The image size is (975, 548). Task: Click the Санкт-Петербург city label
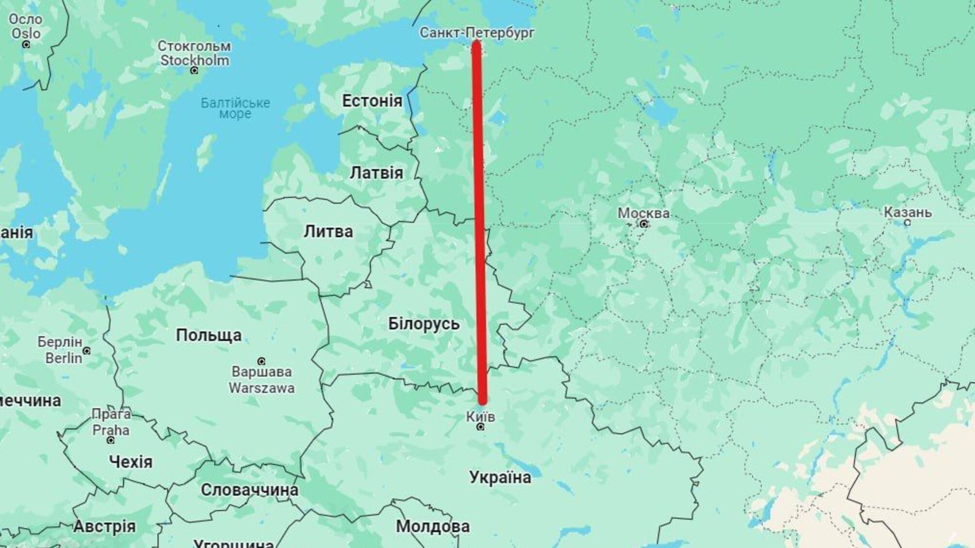(477, 32)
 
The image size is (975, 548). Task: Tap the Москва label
(643, 213)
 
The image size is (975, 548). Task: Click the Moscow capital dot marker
(644, 224)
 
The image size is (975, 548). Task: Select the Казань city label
(907, 212)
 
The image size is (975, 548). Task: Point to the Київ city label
(480, 416)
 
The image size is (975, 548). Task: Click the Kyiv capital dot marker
(480, 427)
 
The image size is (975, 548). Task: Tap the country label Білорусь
(423, 323)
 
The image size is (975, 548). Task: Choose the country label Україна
(500, 477)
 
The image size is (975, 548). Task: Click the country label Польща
(209, 335)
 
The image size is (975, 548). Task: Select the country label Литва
(328, 231)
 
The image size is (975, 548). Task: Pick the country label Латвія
(376, 173)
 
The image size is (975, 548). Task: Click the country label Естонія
(372, 101)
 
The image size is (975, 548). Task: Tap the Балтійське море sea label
(235, 108)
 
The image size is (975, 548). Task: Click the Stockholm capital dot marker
(194, 71)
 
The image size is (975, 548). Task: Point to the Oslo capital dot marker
(26, 45)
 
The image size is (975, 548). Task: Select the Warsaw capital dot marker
(261, 361)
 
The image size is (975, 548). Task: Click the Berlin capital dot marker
(86, 351)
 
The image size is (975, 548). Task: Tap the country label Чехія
(130, 462)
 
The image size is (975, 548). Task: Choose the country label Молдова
(433, 526)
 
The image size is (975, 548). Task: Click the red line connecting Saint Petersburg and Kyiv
(479, 218)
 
